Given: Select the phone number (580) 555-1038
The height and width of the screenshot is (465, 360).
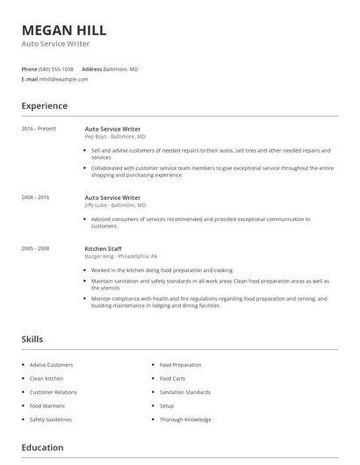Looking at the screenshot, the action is pos(57,68).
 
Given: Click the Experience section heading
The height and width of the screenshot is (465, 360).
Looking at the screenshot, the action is pos(45,106).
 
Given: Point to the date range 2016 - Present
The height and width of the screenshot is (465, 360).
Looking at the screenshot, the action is pos(39,128).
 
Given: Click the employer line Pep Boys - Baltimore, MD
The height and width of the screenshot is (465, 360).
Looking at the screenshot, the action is pos(115,137).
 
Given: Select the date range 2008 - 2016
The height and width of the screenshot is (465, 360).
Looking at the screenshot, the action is pos(35,197).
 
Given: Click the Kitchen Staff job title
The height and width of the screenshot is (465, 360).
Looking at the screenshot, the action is pos(104,248).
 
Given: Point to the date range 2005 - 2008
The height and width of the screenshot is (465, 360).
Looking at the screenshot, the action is pos(35,248).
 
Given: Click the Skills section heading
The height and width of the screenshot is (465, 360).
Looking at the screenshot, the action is pos(32,339).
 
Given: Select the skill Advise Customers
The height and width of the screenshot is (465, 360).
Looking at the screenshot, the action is pos(51,365).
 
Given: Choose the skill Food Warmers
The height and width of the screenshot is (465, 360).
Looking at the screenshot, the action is pos(47,406).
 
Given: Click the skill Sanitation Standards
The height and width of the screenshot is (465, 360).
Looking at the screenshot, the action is pos(185,392).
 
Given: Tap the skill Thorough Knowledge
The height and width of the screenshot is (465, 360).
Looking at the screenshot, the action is pos(185,419).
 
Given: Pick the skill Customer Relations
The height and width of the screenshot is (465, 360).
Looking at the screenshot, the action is pos(54,392).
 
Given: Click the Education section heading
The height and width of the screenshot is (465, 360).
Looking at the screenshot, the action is pos(42,447).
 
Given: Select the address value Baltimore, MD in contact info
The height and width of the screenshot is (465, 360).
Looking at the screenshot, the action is pos(120,68).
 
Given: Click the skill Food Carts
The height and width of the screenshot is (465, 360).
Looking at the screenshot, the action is pos(172,379).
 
